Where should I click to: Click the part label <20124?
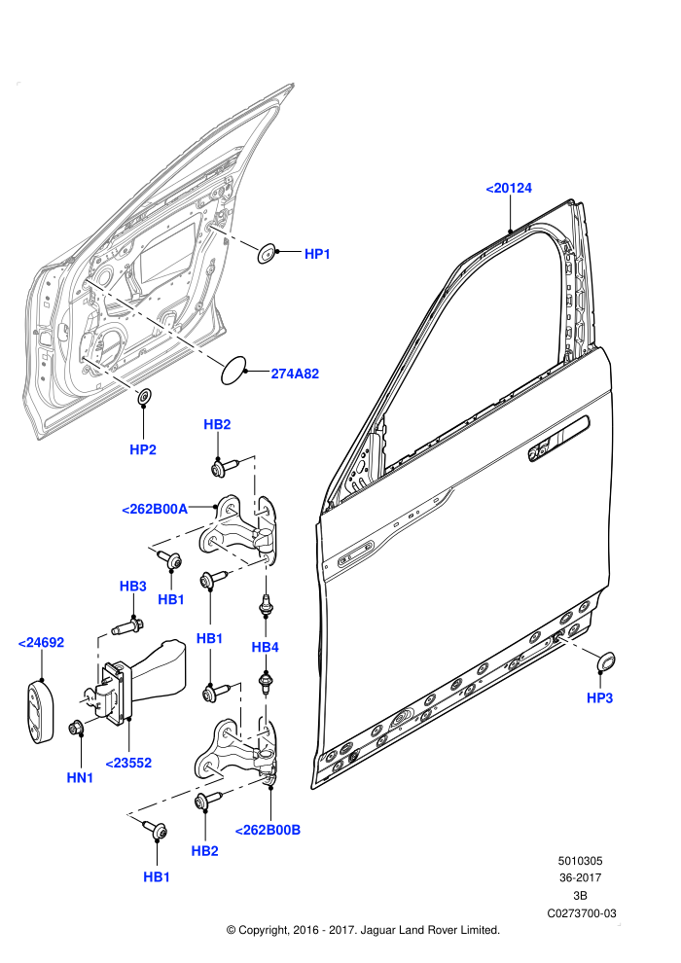pyautogui.click(x=509, y=189)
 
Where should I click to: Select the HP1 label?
pyautogui.click(x=317, y=254)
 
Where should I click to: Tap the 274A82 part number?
pyautogui.click(x=296, y=374)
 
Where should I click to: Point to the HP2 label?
pyautogui.click(x=143, y=449)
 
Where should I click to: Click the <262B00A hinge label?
pyautogui.click(x=155, y=509)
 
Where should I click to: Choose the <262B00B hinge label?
pyautogui.click(x=268, y=830)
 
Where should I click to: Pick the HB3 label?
pyautogui.click(x=132, y=586)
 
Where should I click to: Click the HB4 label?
pyautogui.click(x=266, y=647)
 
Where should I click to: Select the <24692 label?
pyautogui.click(x=41, y=642)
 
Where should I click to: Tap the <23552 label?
pyautogui.click(x=128, y=763)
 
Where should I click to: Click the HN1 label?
pyautogui.click(x=80, y=777)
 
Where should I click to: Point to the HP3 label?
pyautogui.click(x=600, y=697)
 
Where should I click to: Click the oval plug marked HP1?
pyautogui.click(x=267, y=252)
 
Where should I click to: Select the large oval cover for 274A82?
pyautogui.click(x=233, y=371)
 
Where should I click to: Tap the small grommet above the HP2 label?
pyautogui.click(x=144, y=397)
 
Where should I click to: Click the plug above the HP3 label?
pyautogui.click(x=606, y=661)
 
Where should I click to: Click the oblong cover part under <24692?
pyautogui.click(x=39, y=711)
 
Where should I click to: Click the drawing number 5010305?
pyautogui.click(x=580, y=861)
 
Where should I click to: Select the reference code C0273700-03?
pyautogui.click(x=582, y=913)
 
